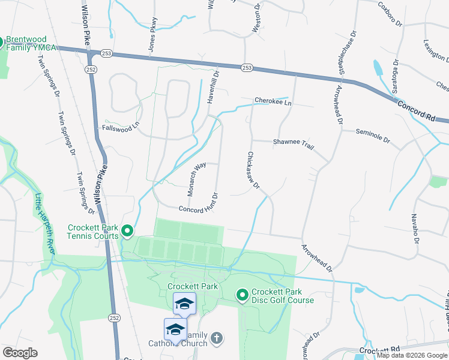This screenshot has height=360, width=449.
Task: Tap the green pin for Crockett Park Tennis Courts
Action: coord(127,230)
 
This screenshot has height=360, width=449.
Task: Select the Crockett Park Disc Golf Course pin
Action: coord(242,295)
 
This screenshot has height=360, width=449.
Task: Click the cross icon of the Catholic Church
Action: coord(217,338)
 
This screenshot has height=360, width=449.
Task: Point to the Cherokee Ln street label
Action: coord(273,101)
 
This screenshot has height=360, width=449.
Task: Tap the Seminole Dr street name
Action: coord(373,136)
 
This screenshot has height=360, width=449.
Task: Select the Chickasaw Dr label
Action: coord(252,170)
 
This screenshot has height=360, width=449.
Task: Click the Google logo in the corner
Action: coord(20,353)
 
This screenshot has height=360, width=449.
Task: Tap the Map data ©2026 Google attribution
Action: coord(412,355)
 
